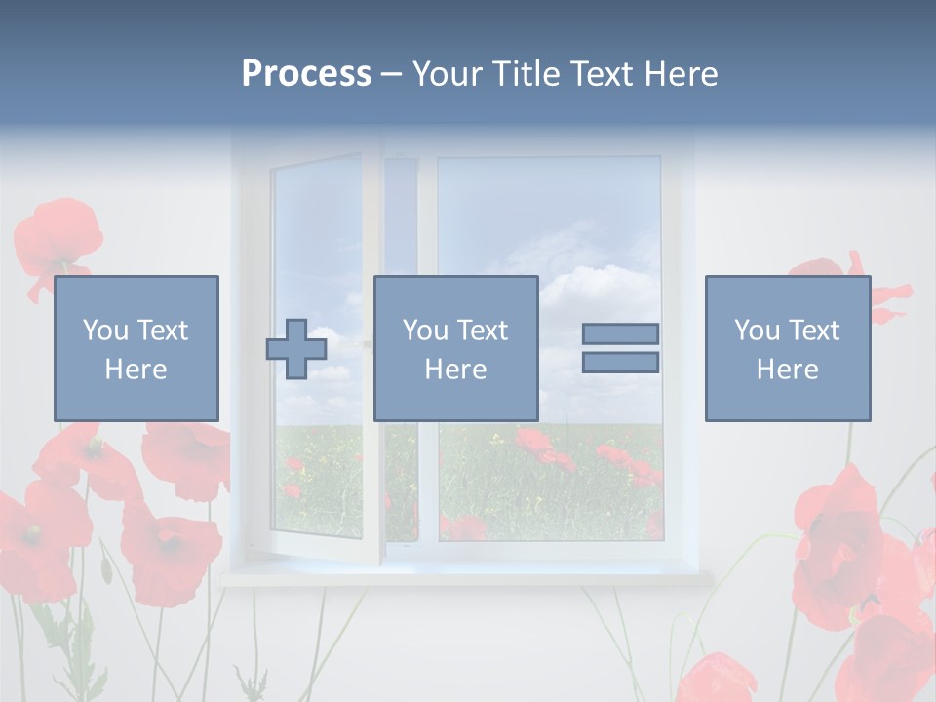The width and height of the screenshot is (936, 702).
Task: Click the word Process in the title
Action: (306, 74)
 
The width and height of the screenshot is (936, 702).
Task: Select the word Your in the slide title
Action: (449, 74)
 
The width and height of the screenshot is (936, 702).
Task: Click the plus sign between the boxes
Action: (296, 349)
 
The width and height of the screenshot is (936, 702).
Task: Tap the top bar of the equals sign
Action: (620, 333)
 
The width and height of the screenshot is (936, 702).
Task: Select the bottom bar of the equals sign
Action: (620, 363)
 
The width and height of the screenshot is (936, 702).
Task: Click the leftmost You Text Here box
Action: (136, 348)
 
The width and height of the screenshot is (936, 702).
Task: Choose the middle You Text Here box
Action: (455, 348)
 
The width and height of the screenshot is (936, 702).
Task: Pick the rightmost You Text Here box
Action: (787, 348)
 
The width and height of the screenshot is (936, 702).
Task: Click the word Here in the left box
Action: (136, 370)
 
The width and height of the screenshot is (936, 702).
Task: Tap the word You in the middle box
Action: (425, 331)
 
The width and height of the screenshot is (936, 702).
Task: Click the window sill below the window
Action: (468, 577)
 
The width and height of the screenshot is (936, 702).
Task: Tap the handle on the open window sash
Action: (367, 343)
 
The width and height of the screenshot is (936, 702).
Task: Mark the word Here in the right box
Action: (787, 370)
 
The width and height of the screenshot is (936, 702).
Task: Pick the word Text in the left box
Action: (163, 331)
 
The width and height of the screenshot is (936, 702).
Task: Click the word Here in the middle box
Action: (455, 370)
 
